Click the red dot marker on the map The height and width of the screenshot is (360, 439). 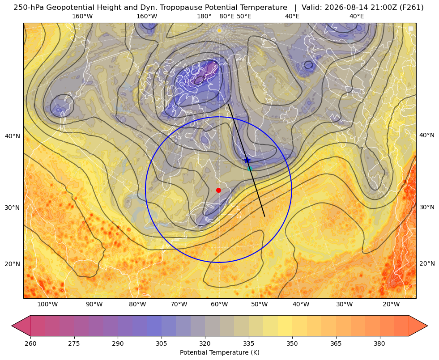pyautogui.click(x=219, y=190)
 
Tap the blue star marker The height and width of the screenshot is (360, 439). pyautogui.click(x=247, y=160)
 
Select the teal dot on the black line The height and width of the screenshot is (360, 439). pyautogui.click(x=250, y=169)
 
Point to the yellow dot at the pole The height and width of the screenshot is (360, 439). pyautogui.click(x=219, y=30)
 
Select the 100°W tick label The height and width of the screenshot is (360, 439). pyautogui.click(x=47, y=305)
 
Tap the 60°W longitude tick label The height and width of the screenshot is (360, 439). pyautogui.click(x=219, y=305)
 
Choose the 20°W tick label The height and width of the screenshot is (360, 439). pyautogui.click(x=391, y=305)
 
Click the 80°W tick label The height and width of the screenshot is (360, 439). pyautogui.click(x=137, y=305)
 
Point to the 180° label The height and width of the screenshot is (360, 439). pyautogui.click(x=204, y=17)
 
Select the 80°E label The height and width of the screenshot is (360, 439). pyautogui.click(x=226, y=17)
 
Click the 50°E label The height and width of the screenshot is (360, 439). pyautogui.click(x=244, y=17)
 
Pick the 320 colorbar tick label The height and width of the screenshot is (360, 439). pyautogui.click(x=205, y=343)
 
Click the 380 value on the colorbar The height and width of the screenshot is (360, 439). pyautogui.click(x=379, y=343)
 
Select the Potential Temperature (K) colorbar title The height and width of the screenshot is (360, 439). pyautogui.click(x=219, y=352)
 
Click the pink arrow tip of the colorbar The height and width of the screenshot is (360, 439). pyautogui.click(x=12, y=326)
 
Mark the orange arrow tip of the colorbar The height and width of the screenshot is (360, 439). pyautogui.click(x=427, y=326)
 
